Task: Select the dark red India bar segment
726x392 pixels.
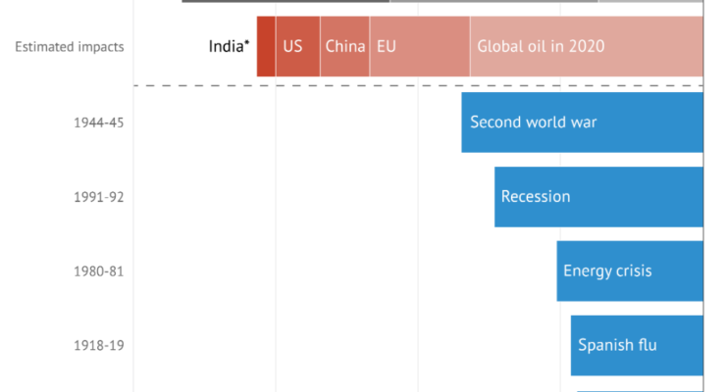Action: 266,46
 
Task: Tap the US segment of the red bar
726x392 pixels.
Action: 297,46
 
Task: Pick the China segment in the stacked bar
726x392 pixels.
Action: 345,46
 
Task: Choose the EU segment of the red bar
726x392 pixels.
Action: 420,46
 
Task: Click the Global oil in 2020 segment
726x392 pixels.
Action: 587,46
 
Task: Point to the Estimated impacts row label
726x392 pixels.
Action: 70,47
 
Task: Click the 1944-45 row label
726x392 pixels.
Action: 99,122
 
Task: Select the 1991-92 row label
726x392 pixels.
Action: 99,197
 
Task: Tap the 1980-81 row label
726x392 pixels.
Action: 99,270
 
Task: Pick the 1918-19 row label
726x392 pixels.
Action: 99,345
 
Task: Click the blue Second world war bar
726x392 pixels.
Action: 583,122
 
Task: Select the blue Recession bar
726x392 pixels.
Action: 598,197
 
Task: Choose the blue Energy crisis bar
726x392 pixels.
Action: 630,270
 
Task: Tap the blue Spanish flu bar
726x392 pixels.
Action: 637,345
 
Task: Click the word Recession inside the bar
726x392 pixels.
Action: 536,196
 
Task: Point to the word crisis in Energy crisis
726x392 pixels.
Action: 633,270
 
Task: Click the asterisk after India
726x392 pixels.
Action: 247,42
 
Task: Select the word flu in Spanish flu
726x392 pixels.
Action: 646,344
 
